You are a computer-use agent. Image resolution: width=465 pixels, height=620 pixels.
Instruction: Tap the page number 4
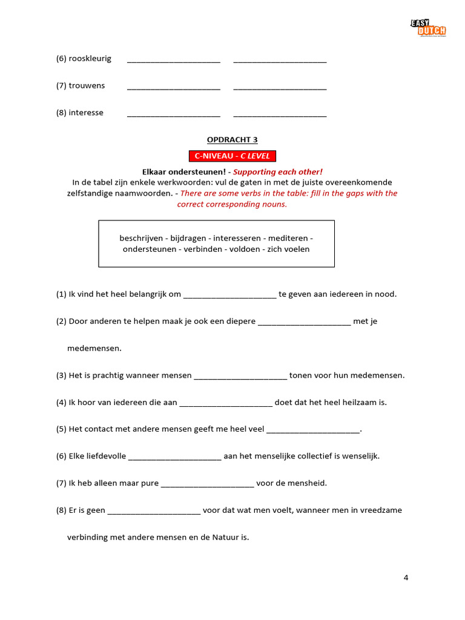tap(406, 577)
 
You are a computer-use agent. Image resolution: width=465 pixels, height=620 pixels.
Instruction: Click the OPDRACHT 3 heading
tap(232, 140)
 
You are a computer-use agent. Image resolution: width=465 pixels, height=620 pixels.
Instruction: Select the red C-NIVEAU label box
tap(232, 156)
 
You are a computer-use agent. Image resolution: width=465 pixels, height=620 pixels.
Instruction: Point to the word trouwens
tap(87, 85)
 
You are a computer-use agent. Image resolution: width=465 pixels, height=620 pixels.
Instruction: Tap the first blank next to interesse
tap(173, 113)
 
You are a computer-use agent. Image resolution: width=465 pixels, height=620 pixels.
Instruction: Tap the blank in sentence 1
tap(229, 295)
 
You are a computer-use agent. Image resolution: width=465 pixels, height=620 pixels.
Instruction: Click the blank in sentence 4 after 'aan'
tap(226, 403)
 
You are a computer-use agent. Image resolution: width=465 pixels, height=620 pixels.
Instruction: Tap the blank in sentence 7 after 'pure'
tap(208, 484)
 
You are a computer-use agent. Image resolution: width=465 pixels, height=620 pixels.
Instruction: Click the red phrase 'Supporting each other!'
tap(282, 172)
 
